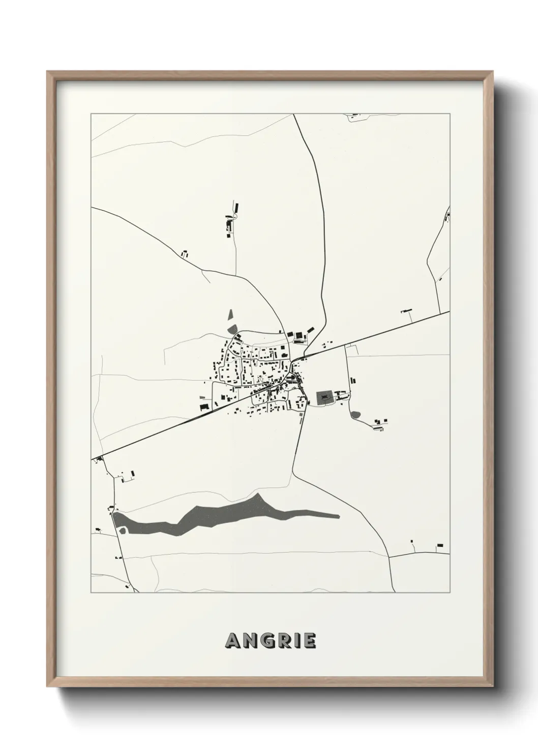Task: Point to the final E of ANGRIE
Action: [308, 641]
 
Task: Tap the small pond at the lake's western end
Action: [122, 531]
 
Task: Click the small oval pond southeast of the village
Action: [356, 415]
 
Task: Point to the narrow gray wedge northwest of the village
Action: [230, 316]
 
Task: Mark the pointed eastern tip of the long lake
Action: [338, 516]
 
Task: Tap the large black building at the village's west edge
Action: [204, 407]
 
